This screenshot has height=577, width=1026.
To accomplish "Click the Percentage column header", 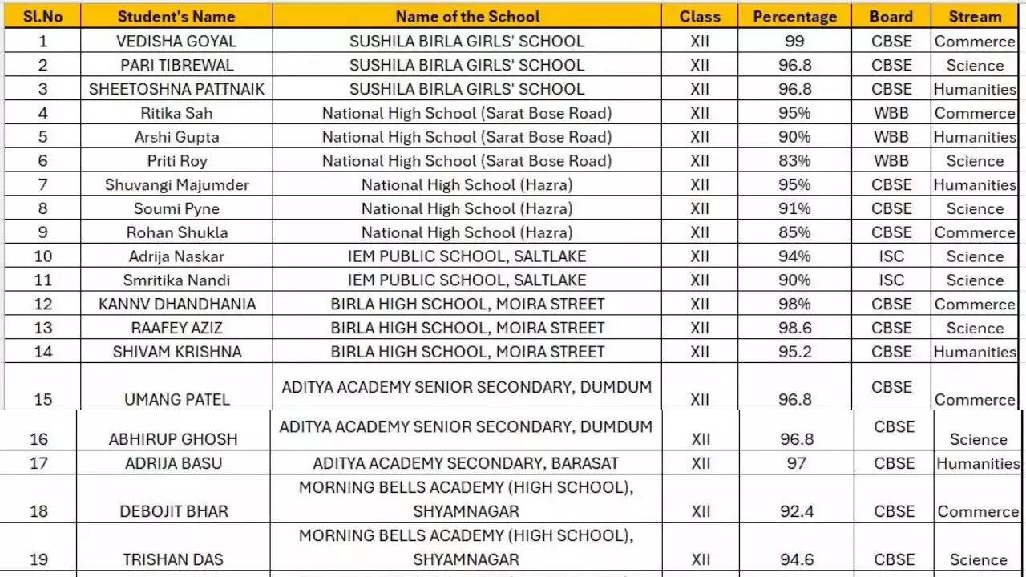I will [x=794, y=17].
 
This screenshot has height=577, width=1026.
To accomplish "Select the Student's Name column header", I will [x=176, y=17].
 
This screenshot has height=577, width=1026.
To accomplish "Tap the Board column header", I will [x=891, y=17].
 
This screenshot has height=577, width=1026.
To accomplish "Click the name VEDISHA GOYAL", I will [x=176, y=42].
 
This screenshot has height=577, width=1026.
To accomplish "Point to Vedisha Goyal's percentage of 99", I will [x=794, y=42].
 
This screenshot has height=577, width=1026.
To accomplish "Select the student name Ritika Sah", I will [x=176, y=113].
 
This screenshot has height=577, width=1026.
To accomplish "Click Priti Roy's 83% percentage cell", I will [x=794, y=161].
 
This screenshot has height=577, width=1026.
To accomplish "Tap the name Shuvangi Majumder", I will [x=176, y=185].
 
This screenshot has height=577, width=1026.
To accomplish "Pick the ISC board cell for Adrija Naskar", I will [x=891, y=256].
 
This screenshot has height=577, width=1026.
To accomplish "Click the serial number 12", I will [x=42, y=305].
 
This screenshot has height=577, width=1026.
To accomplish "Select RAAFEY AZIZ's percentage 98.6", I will [x=794, y=328].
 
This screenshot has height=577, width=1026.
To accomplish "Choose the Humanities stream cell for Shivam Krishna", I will [x=975, y=352].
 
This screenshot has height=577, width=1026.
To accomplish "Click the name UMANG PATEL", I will [x=176, y=399].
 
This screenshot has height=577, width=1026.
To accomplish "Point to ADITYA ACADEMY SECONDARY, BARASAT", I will [x=466, y=463].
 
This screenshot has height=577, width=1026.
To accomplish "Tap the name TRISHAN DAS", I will [x=173, y=559].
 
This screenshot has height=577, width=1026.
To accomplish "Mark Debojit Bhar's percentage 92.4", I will [x=797, y=511].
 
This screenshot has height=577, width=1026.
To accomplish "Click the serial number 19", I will [x=38, y=559].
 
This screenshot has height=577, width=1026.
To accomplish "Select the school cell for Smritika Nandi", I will [x=467, y=280].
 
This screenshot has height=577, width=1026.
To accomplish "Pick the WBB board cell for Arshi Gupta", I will [x=891, y=137].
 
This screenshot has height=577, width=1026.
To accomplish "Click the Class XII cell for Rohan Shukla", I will [x=700, y=232].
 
